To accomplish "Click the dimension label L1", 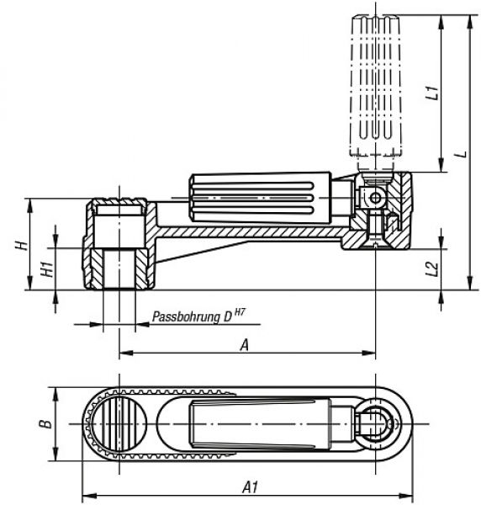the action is click(432, 93).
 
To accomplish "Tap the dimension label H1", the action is click(47, 269).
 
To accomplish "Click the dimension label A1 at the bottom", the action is click(250, 487).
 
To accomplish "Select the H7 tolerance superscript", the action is click(240, 311).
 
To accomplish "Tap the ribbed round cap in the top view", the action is click(119, 423).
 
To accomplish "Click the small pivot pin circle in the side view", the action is click(375, 198).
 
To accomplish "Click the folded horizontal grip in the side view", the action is click(260, 198).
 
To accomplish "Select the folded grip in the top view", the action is click(260, 423).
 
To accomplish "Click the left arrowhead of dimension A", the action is click(126, 353).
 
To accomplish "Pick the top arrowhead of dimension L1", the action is click(441, 22).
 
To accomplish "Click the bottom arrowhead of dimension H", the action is click(30, 283).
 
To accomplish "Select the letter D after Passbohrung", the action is click(228, 317).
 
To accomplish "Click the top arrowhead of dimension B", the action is click(55, 394).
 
